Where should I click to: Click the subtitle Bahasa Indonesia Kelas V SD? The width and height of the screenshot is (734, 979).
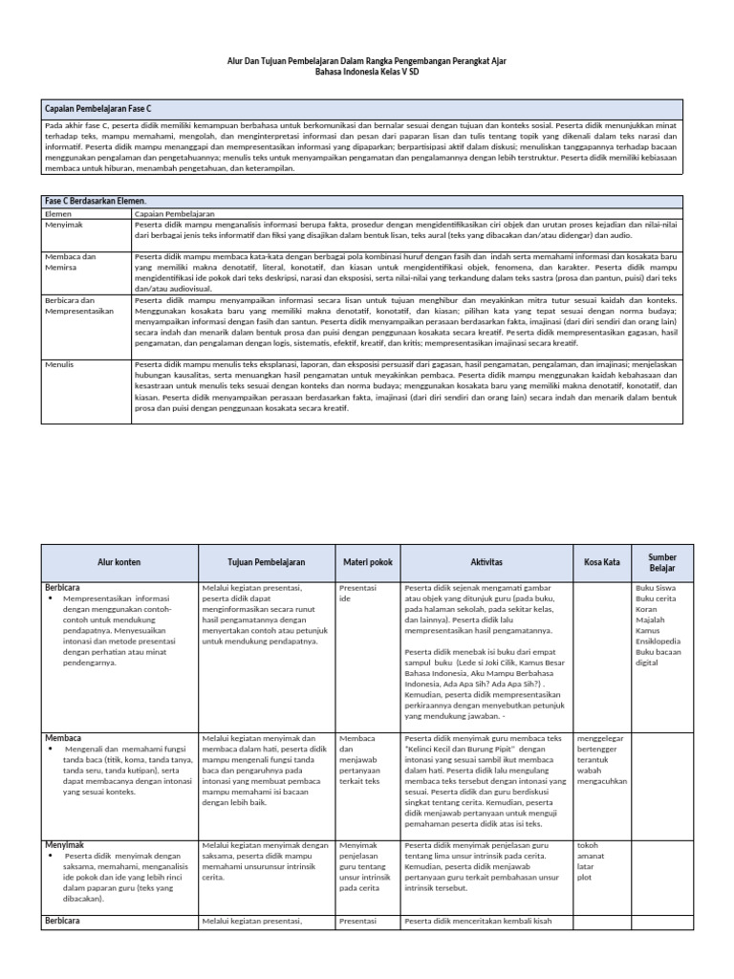[367, 72]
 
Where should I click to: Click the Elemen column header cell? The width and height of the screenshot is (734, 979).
[59, 215]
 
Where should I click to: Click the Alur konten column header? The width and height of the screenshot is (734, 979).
[119, 562]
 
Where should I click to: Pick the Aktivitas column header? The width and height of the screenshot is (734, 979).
[486, 562]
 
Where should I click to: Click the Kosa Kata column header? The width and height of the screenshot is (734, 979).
[600, 562]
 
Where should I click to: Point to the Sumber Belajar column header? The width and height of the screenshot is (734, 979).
[661, 562]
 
